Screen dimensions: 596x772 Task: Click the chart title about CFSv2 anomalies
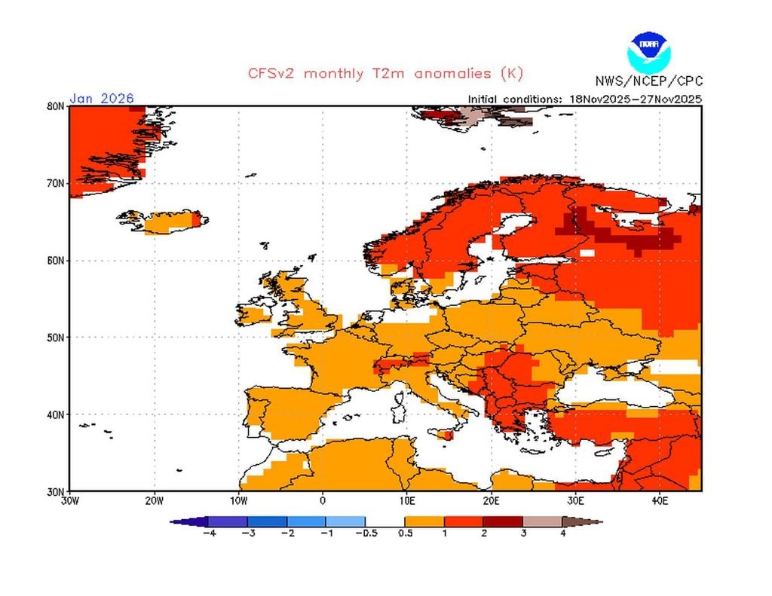(x=384, y=74)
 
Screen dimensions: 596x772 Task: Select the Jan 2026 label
(x=102, y=98)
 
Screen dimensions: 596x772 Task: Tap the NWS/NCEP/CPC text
(x=648, y=81)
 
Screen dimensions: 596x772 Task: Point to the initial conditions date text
(x=585, y=99)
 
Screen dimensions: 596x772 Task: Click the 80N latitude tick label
(x=55, y=106)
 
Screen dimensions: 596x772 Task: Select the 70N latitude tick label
(x=55, y=183)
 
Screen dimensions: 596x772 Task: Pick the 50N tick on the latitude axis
(x=55, y=337)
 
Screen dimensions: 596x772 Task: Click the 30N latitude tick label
(x=55, y=491)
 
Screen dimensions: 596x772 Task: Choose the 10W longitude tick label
(x=238, y=500)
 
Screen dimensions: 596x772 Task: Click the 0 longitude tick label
(x=323, y=500)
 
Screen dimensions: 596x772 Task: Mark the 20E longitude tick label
(x=491, y=500)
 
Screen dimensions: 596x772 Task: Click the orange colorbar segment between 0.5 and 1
(x=424, y=521)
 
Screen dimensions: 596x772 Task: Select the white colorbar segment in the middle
(x=385, y=521)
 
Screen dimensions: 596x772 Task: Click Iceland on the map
(x=170, y=222)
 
